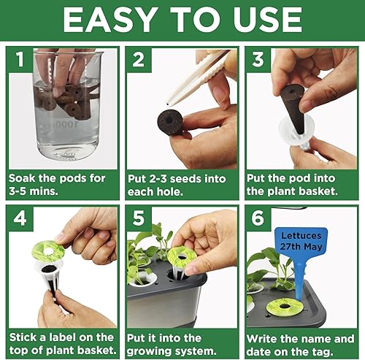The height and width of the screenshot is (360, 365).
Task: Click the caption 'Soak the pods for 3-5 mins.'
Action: pos(58,185)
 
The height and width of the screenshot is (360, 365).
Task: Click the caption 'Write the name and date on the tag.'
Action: pos(300,344)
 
